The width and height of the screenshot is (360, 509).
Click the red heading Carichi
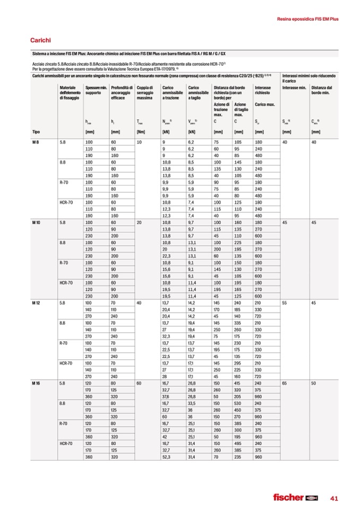[40, 40]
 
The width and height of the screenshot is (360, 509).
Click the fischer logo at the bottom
[295, 497]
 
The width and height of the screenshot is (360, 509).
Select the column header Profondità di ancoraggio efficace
[121, 93]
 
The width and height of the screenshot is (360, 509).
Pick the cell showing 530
[238, 404]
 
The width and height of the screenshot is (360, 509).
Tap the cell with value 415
[238, 382]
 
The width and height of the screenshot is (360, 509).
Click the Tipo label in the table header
[36, 132]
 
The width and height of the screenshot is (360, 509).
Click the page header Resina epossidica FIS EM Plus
[308, 19]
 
